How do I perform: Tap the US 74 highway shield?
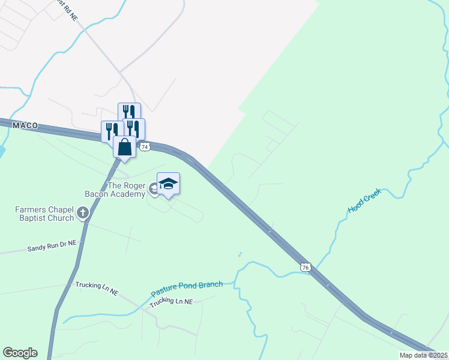(x=144, y=146)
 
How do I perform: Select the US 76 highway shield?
(x=306, y=267)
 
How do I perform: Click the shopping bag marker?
(x=125, y=147)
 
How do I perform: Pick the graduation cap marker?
(x=168, y=184)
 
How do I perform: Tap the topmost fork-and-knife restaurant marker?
(x=129, y=113)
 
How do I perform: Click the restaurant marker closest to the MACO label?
(x=112, y=131)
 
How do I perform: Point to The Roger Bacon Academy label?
(x=126, y=190)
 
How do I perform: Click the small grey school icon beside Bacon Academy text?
(x=154, y=188)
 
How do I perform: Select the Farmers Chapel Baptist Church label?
(x=44, y=213)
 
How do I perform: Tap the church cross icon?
(x=82, y=212)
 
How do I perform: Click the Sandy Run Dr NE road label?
(x=53, y=246)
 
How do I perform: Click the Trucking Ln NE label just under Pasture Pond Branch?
(x=171, y=302)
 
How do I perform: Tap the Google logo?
(x=20, y=353)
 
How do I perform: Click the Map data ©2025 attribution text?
(x=423, y=355)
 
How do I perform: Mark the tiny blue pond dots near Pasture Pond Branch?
(x=240, y=254)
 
